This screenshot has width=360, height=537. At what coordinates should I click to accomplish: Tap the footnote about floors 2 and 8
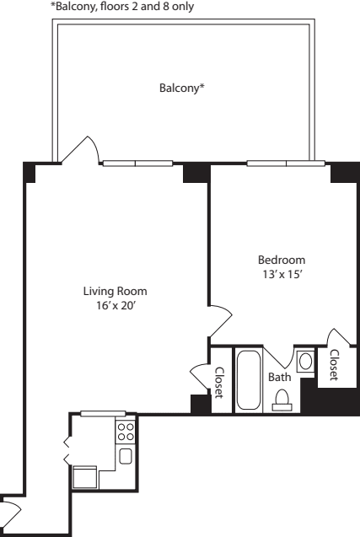(x=127, y=8)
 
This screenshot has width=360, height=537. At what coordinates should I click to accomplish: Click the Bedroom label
(x=281, y=260)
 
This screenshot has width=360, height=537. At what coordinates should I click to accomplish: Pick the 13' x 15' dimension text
(x=281, y=274)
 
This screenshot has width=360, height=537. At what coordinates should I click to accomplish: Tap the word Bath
(x=279, y=378)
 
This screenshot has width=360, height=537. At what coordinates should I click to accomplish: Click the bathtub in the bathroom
(x=249, y=379)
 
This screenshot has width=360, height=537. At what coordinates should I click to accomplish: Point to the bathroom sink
(x=305, y=362)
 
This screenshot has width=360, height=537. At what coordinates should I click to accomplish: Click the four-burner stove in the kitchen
(x=125, y=432)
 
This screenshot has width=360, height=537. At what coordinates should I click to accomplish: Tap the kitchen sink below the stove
(x=125, y=457)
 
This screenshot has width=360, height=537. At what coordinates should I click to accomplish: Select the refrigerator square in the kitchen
(x=85, y=478)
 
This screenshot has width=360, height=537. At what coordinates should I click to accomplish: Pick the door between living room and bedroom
(x=218, y=321)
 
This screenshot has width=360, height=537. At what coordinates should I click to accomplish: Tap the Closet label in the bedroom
(x=333, y=364)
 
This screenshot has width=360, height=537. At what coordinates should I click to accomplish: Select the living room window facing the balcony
(x=136, y=163)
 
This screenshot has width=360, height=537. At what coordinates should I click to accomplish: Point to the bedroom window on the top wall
(x=287, y=163)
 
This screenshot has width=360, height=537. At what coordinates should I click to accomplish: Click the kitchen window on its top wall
(x=103, y=413)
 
